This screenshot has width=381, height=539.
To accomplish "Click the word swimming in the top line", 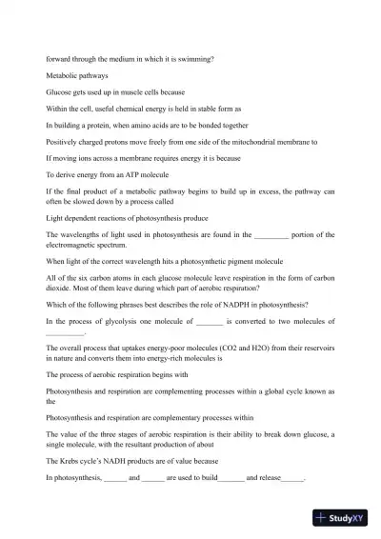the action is tap(191, 58).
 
